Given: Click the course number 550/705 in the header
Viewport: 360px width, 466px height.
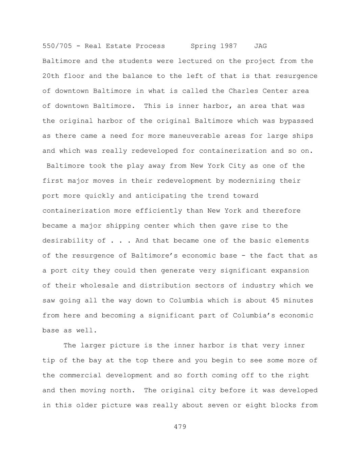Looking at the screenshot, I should point(57,46).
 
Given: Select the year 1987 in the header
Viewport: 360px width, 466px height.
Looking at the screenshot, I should point(229,46).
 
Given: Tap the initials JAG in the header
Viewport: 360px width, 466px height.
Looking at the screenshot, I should point(260,46).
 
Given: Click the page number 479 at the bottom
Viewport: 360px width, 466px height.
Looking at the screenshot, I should point(180,427).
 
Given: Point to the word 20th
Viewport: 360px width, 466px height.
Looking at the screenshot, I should point(51,76).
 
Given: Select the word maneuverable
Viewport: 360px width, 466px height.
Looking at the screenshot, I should point(195,136).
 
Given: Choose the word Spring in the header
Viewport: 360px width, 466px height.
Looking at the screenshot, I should point(203,46).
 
